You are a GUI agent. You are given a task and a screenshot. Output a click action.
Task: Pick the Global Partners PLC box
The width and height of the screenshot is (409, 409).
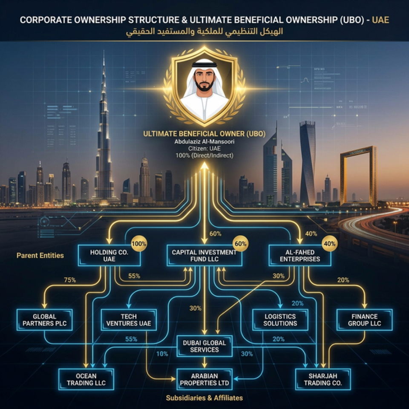coord(44,320)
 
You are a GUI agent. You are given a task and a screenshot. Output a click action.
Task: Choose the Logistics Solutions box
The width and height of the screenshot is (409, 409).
coord(280,320)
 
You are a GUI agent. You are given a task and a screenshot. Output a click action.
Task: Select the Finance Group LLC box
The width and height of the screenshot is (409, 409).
coord(364,320)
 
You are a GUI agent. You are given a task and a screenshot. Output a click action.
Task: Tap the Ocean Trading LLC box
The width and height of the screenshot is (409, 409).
coord(87,379)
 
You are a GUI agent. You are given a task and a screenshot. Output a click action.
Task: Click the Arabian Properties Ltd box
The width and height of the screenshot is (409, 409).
coord(204,379)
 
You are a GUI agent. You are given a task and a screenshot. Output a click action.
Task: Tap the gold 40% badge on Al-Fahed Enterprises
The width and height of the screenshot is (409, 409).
coord(330,244)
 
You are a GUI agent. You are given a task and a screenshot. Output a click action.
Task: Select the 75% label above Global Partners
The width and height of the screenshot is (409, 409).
coord(69,280)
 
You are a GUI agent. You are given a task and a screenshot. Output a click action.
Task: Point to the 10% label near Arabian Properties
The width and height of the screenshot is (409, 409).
coord(162,354)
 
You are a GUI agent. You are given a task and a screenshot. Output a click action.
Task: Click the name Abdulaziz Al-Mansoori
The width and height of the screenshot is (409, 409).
coord(204,141)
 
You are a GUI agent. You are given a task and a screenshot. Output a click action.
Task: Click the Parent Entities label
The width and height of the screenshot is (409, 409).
coord(40,256)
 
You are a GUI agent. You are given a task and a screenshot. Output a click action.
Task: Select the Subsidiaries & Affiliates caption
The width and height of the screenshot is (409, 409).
coord(204,398)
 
